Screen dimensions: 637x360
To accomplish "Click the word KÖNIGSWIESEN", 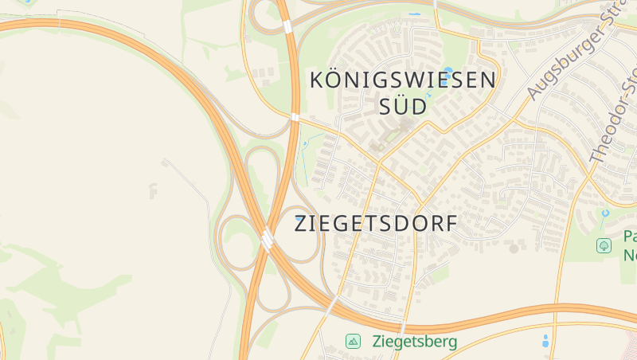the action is click(403, 80).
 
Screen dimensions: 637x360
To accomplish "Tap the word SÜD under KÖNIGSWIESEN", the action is click(403, 107).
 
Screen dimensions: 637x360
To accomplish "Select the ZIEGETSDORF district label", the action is click(377, 224).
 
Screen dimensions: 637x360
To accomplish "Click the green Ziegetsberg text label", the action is click(414, 342).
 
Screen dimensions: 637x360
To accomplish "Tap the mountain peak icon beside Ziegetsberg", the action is click(353, 342).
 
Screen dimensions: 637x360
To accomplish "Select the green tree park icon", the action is click(604, 246).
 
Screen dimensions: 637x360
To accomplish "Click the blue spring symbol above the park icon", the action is click(605, 213).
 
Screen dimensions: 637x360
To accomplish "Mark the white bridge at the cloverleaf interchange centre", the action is click(267, 238).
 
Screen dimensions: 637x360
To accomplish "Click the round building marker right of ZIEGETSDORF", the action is click(514, 248).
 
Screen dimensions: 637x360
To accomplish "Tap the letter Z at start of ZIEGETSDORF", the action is click(301, 224).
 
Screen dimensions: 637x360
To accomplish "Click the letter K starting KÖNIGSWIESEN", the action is click(316, 80).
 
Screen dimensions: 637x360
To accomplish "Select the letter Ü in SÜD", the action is click(402, 106).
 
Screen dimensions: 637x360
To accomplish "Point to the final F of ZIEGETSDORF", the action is click(452, 224).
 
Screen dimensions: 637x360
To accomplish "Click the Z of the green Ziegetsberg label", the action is click(376, 342).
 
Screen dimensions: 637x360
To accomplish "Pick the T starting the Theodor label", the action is click(595, 157).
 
